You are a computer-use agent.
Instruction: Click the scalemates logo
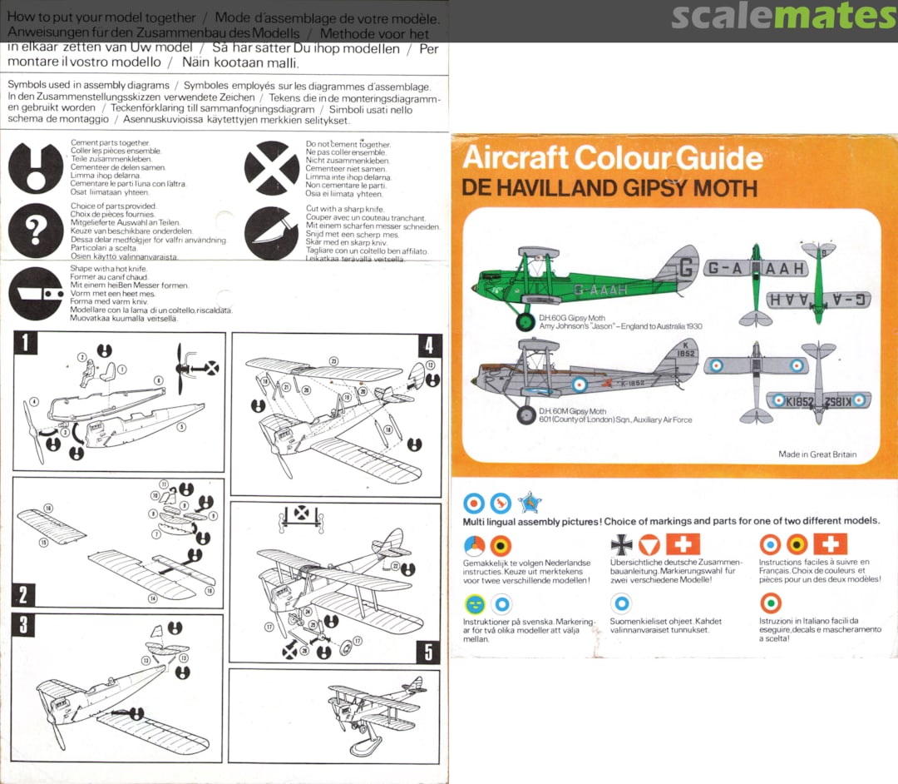tap(783, 16)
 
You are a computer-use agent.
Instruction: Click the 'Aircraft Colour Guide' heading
tap(612, 158)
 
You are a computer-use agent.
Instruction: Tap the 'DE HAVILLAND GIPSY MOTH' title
tap(609, 188)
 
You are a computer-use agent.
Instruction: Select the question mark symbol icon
tap(36, 231)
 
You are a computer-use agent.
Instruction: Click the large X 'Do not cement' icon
tap(271, 168)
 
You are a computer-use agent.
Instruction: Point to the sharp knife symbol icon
tap(271, 232)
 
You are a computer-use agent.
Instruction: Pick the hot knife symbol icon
tap(36, 293)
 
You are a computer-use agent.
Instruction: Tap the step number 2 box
tap(23, 594)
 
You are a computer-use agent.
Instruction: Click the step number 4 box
tap(429, 345)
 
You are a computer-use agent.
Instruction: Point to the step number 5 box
tap(429, 652)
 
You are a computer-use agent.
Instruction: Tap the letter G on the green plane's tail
tap(686, 269)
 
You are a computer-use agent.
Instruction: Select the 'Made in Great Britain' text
tap(817, 454)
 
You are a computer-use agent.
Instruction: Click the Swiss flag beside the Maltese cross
tap(683, 544)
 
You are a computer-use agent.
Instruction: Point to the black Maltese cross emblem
tap(621, 544)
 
